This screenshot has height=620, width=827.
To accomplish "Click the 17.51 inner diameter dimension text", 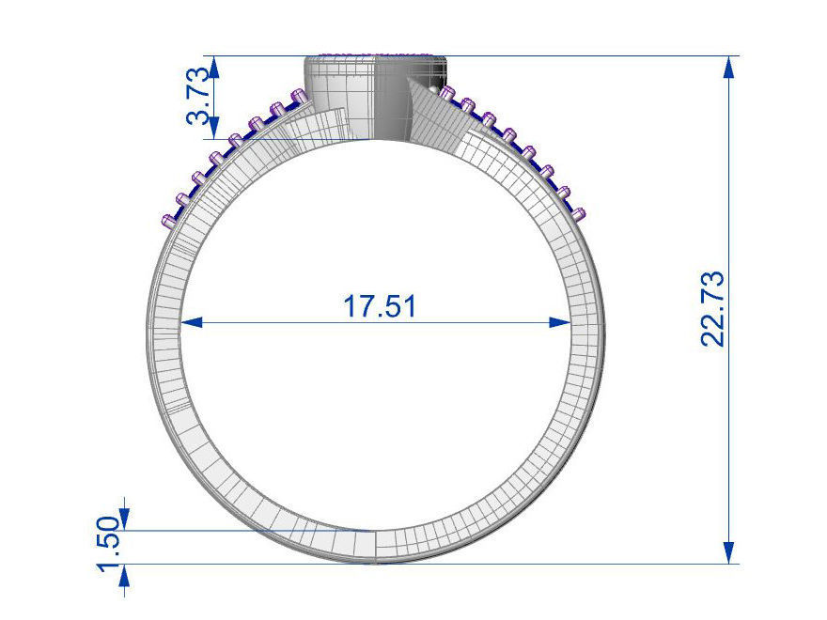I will [380, 307].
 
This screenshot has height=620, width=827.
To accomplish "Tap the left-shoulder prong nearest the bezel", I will [298, 95].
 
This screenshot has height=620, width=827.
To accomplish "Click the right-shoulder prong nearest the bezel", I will [445, 92].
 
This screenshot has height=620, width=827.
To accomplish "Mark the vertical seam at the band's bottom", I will [376, 547].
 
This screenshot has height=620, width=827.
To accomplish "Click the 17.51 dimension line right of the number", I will [489, 322].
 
